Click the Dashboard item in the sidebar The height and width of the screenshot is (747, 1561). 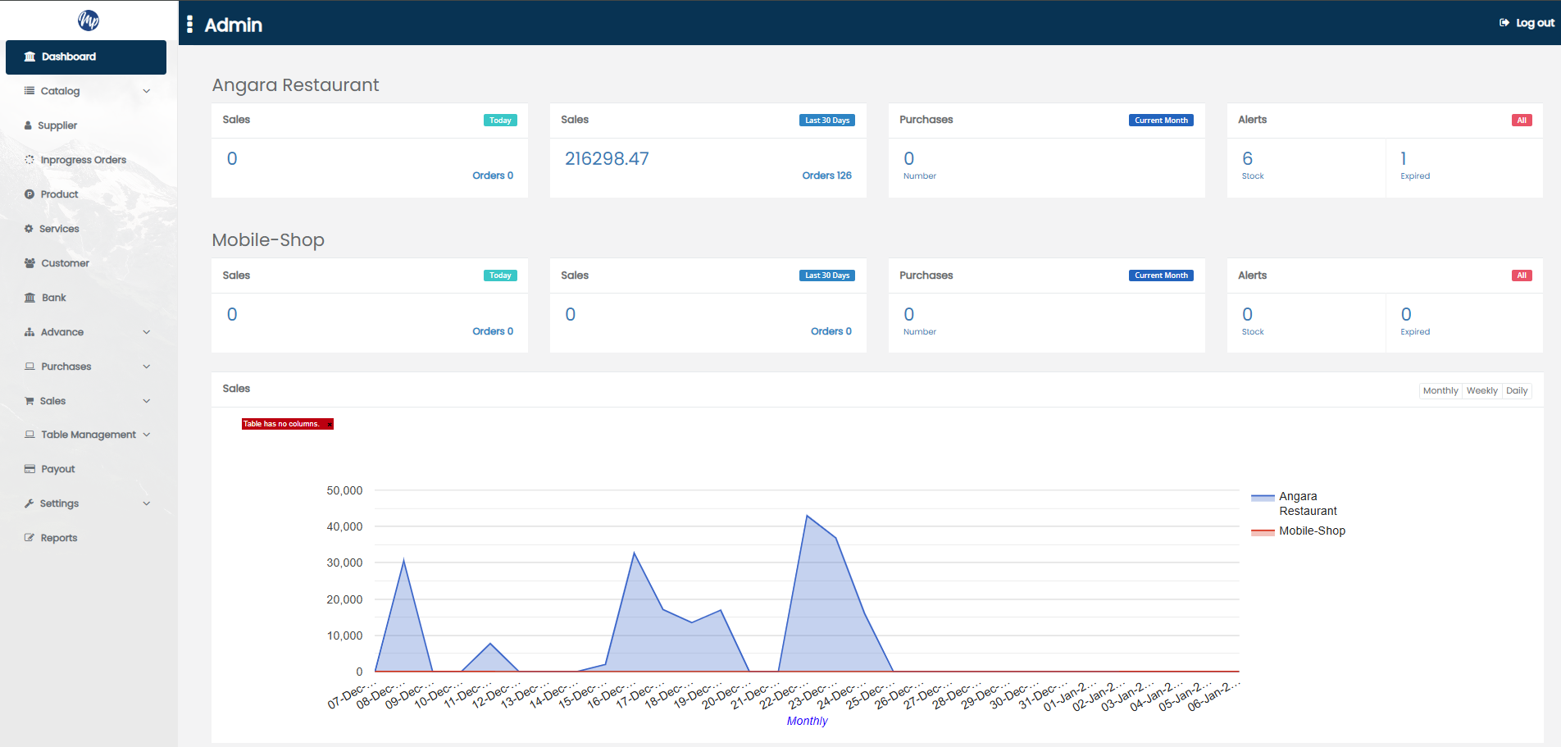tap(69, 57)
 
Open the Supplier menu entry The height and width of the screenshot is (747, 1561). tap(57, 125)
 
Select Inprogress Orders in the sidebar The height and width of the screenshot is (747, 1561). tap(83, 160)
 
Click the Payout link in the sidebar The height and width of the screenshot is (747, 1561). tap(57, 469)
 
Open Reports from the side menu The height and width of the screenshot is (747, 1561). tap(58, 538)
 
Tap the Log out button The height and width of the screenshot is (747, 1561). tap(1527, 23)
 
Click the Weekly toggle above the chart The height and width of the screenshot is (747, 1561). tap(1481, 391)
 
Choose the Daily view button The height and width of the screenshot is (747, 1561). tap(1517, 391)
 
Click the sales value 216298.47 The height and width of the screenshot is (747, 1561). tap(607, 159)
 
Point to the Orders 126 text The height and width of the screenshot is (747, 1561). tap(826, 175)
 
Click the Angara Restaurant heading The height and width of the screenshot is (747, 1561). tap(295, 85)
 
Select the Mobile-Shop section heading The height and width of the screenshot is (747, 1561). tap(268, 240)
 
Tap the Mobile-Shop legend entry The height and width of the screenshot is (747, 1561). tap(1312, 531)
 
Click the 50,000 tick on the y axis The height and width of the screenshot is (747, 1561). tap(344, 490)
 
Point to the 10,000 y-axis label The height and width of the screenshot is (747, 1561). tap(344, 635)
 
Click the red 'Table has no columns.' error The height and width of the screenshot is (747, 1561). tap(282, 424)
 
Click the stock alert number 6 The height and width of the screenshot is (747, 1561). tap(1247, 159)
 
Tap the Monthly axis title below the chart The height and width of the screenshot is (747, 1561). tap(807, 721)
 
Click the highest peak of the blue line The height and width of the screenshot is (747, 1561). tap(808, 517)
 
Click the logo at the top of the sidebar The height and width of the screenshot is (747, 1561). tap(89, 20)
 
